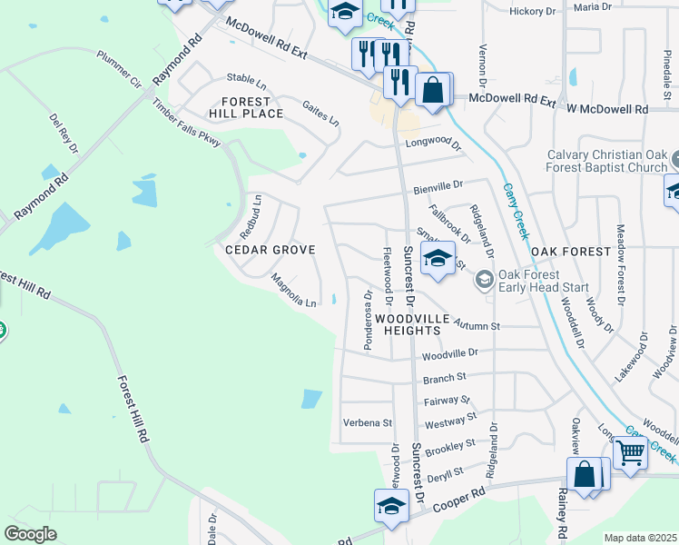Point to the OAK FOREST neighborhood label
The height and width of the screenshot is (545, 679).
tap(568, 251)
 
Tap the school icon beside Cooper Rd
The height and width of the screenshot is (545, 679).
tap(391, 506)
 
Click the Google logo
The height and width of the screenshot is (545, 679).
tap(30, 534)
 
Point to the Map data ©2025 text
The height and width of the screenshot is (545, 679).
tap(641, 538)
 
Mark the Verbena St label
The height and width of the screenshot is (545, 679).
tap(367, 422)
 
